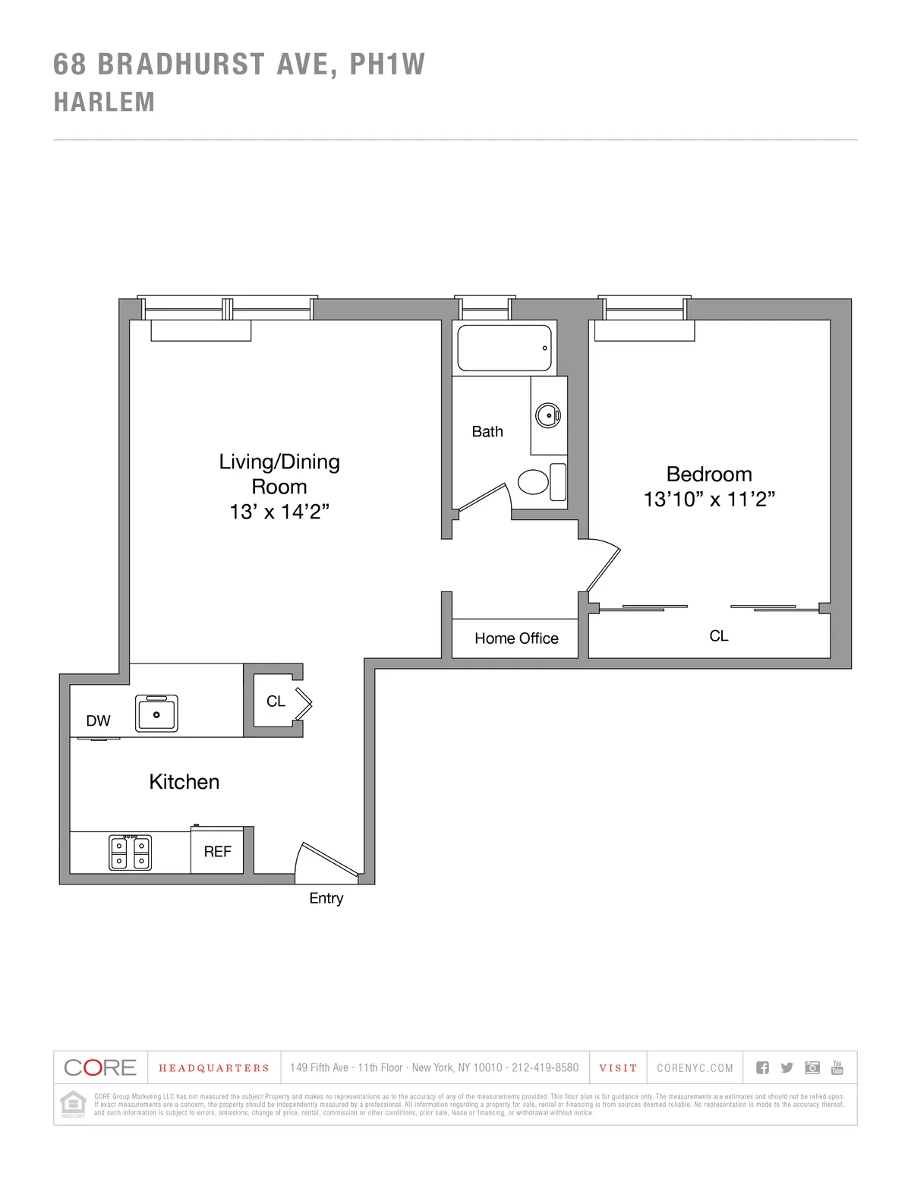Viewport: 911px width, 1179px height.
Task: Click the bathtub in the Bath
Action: (504, 348)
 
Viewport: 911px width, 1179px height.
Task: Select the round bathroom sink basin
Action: (547, 415)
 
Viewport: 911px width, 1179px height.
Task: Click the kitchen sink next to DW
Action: (156, 714)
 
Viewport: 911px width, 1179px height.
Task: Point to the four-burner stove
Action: (130, 852)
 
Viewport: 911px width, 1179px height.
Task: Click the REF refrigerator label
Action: (217, 852)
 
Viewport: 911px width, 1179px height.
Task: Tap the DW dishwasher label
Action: (98, 720)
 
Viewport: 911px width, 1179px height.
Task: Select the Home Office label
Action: (516, 638)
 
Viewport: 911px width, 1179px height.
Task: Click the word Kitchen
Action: (184, 782)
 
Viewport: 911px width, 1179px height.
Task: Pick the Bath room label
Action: (487, 431)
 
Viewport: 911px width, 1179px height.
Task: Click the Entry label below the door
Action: (326, 898)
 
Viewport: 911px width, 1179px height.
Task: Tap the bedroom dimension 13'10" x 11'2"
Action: (709, 500)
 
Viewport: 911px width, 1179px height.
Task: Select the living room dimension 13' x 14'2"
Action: (279, 512)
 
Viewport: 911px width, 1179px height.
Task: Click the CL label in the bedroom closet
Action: (719, 636)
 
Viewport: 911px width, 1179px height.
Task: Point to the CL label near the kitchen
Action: (276, 701)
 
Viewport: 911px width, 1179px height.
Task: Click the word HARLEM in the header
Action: (104, 102)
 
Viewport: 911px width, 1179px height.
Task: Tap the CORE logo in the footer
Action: (100, 1067)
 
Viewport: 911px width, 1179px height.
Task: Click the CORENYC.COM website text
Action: (695, 1068)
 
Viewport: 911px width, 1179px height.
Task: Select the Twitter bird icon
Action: (786, 1067)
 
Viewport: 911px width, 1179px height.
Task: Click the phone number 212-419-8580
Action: (544, 1067)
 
